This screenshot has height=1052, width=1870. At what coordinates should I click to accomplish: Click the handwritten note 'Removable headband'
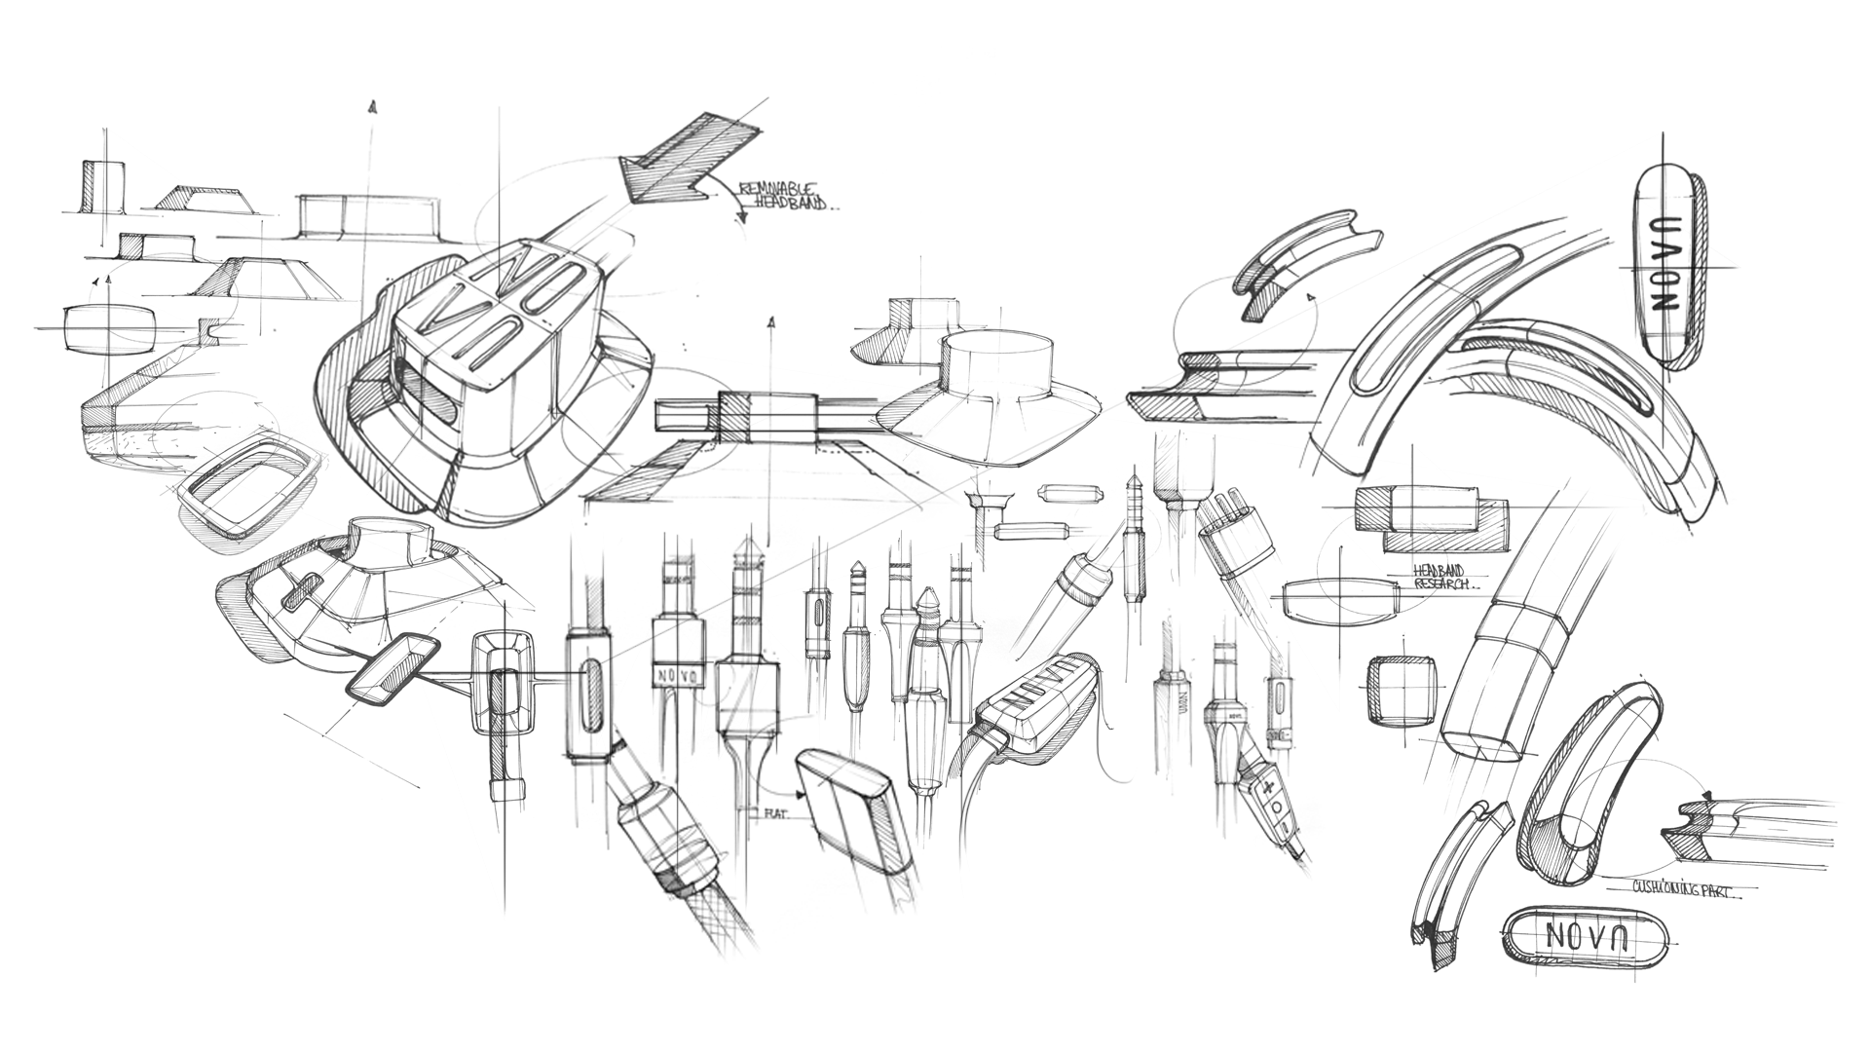click(786, 195)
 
